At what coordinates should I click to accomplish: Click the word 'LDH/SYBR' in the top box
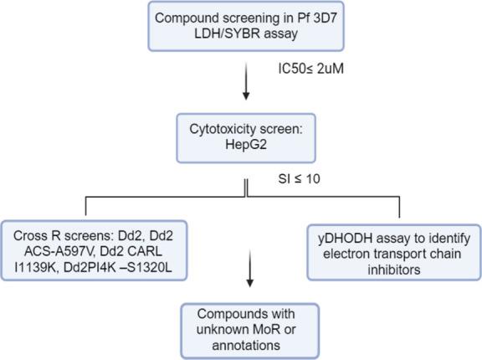click(218, 36)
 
